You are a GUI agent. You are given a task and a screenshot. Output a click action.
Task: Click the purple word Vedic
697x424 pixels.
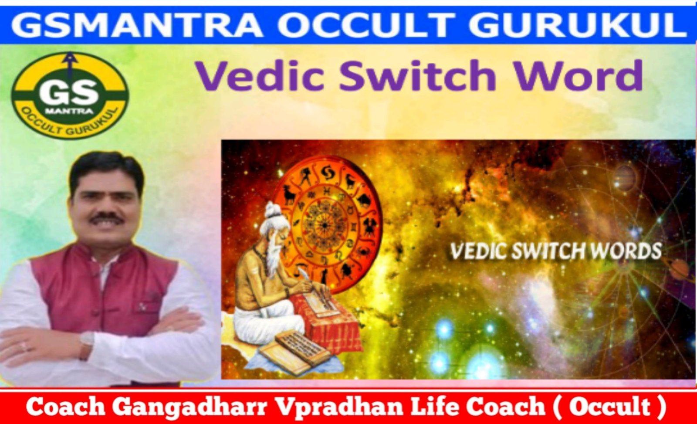click(260, 76)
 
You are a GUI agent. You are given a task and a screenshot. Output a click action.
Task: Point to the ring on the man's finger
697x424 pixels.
click(24, 346)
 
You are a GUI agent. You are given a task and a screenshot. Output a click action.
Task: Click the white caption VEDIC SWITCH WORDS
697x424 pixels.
click(556, 251)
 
